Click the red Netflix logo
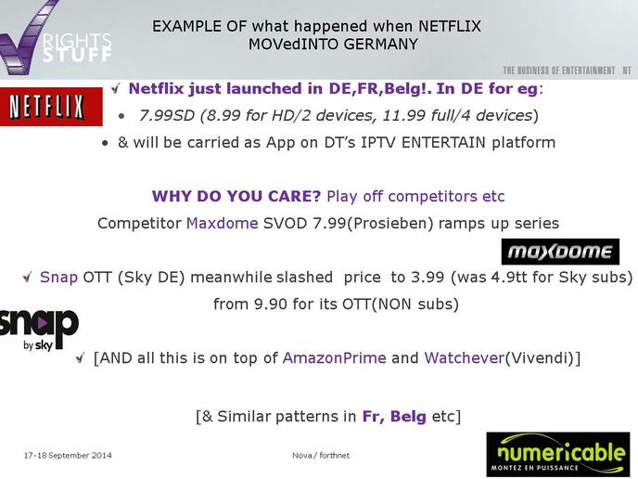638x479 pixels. [51, 107]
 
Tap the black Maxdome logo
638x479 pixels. [560, 252]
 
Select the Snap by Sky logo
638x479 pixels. [39, 330]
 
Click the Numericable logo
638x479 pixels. [558, 454]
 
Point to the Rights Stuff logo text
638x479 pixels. [77, 47]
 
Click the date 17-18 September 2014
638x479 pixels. [68, 456]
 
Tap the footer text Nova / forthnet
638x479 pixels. [321, 456]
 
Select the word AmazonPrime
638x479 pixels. [334, 358]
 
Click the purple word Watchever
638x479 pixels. [465, 358]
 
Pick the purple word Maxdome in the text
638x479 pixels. [223, 223]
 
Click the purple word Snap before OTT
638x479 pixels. [58, 278]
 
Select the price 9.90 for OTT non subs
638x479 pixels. [270, 304]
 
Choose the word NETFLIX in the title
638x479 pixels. [450, 27]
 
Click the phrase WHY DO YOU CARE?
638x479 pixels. [236, 196]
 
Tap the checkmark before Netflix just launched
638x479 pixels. [116, 88]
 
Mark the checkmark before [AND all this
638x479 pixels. [80, 358]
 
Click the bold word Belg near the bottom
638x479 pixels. [408, 417]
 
